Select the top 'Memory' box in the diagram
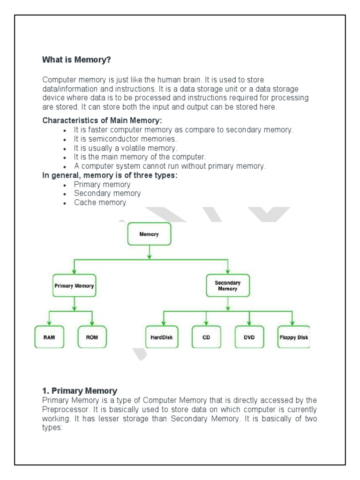coord(149,234)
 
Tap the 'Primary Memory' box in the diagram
coord(74,285)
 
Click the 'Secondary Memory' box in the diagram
coord(228,285)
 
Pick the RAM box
coord(49,337)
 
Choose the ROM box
coord(92,337)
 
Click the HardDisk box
coord(162,337)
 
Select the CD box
coord(206,337)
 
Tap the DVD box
coord(249,337)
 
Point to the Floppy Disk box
coord(293,337)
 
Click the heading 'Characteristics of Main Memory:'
coord(103,120)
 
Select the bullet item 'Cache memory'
coord(100,202)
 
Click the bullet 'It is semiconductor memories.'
coord(125,139)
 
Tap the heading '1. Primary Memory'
coord(80,390)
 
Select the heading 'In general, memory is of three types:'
coord(110,175)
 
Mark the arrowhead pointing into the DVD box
coord(249,323)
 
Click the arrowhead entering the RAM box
coord(49,323)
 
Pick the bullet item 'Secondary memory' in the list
coord(107,193)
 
